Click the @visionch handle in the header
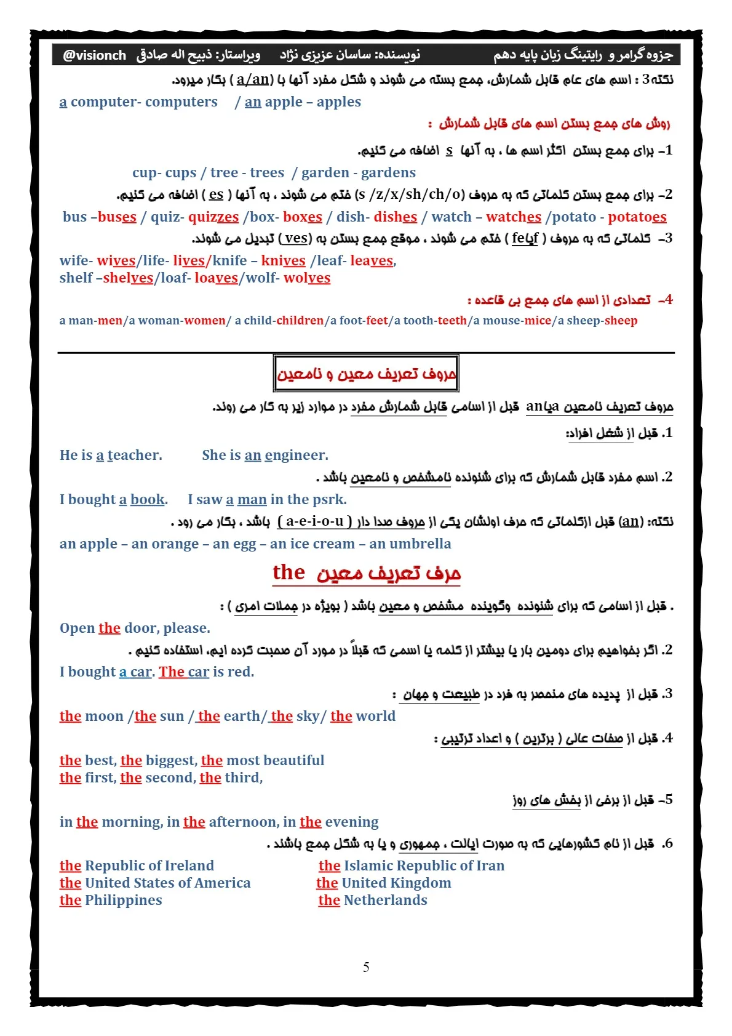pos(94,55)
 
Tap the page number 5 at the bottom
pos(366,967)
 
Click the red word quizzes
pos(213,217)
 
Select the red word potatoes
pos(637,217)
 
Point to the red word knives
pos(283,261)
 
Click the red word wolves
pos(307,278)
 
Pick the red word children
pos(300,321)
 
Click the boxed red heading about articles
pos(366,374)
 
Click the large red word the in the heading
pos(288,572)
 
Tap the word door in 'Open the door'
pos(141,628)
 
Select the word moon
pos(105,717)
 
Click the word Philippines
pos(124,901)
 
